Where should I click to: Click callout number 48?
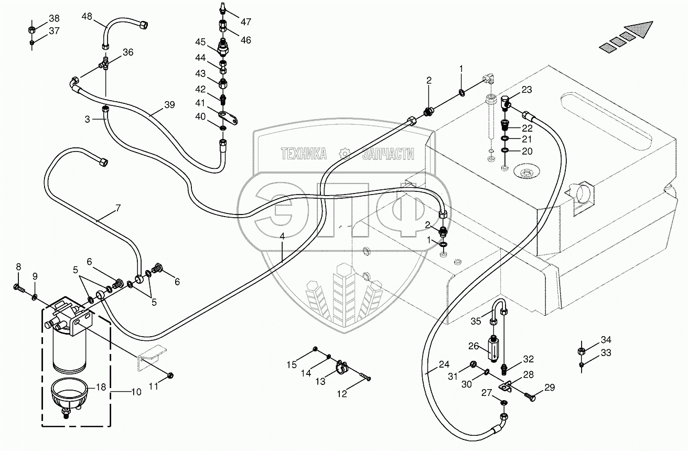[87, 17]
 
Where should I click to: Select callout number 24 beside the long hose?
[444, 364]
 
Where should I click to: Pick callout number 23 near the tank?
[526, 90]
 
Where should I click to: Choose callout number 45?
[201, 42]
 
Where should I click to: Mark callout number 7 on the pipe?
[117, 208]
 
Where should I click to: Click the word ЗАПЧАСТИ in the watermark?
[388, 154]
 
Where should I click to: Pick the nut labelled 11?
[170, 375]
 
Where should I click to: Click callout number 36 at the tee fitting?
[128, 52]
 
